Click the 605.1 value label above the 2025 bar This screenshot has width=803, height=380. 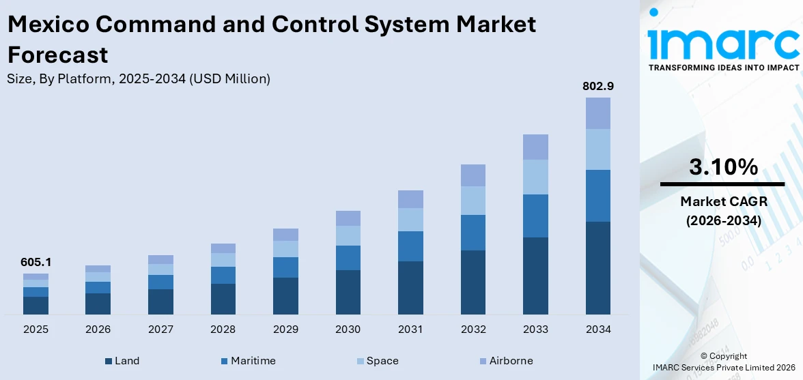coord(36,263)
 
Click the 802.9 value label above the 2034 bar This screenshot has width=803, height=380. coord(597,87)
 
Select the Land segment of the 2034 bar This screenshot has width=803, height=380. coord(597,267)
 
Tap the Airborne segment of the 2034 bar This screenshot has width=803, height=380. coord(597,113)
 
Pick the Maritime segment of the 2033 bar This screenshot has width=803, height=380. coord(535,216)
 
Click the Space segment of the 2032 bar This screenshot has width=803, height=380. coord(473,201)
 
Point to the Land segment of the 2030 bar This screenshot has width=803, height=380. coord(348,292)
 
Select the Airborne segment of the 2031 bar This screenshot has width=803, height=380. coord(410,199)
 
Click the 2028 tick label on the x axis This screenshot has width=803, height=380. coord(223,330)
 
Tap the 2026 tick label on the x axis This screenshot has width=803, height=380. coord(98,330)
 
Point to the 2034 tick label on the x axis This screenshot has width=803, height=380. coord(597,330)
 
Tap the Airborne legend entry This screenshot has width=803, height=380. coord(505,361)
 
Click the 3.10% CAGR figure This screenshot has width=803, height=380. coord(722,167)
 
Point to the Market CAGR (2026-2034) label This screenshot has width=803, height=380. coord(722,211)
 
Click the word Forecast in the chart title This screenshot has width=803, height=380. coord(57,54)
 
